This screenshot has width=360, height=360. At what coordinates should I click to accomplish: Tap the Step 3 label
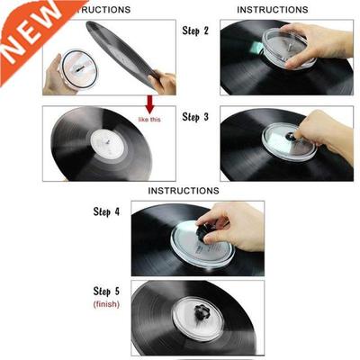(195, 117)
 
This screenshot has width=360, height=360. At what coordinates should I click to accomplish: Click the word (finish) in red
(106, 306)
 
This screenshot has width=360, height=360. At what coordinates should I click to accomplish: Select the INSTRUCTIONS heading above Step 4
(184, 191)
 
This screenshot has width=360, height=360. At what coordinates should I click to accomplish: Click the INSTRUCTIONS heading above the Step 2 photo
(273, 10)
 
